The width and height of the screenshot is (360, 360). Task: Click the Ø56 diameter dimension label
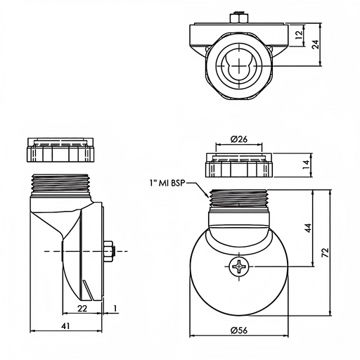[239, 330]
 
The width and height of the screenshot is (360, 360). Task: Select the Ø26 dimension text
[239, 139]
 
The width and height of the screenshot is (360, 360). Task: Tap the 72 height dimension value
[326, 252]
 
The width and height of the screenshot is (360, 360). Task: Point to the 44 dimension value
[309, 228]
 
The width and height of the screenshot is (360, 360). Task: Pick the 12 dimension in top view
[299, 35]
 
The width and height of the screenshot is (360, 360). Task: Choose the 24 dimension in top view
[316, 44]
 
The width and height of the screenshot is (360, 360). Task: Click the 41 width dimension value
[66, 326]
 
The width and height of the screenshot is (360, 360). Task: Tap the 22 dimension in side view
[82, 308]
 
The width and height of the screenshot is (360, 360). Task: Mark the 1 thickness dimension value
[115, 308]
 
